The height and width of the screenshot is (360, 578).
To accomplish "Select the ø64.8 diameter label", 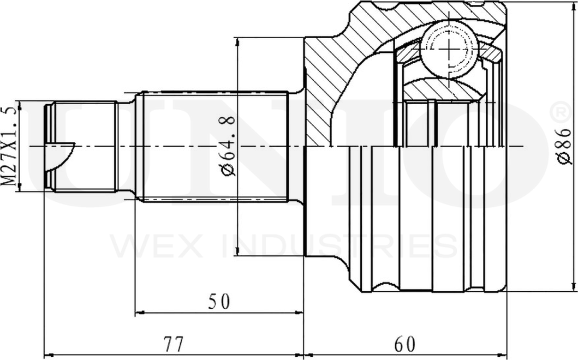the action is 227,147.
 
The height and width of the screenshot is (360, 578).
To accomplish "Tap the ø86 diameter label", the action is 564,146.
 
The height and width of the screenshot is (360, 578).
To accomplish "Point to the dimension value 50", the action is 219,301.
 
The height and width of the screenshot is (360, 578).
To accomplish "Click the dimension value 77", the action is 173,345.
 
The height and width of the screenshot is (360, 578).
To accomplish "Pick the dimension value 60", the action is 404,345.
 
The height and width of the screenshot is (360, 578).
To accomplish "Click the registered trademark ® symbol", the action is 561,113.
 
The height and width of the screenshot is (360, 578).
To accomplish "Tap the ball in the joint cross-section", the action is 449,49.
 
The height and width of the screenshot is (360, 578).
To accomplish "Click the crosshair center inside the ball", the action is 449,49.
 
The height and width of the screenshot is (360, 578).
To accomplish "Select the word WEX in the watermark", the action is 157,246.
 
